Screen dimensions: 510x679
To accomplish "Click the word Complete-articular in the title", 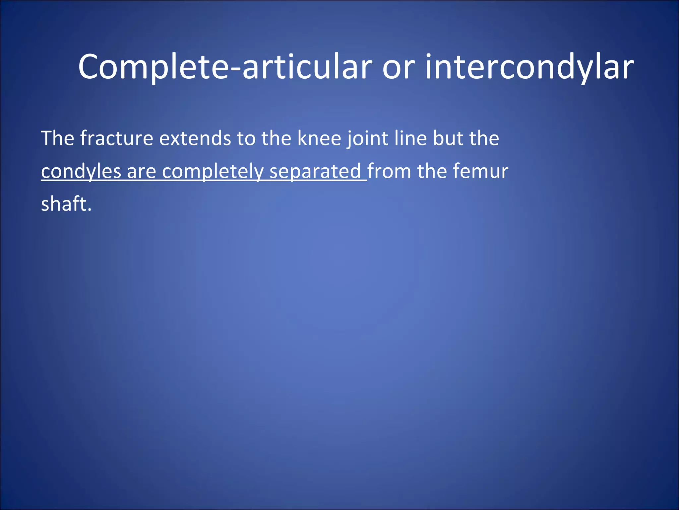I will [x=225, y=67].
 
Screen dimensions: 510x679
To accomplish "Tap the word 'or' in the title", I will [x=399, y=67].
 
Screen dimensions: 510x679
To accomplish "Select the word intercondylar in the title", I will [x=529, y=67].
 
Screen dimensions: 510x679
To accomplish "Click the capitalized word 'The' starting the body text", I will [x=57, y=138].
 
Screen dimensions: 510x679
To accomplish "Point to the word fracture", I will [x=117, y=138].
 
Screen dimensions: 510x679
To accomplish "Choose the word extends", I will [x=195, y=138].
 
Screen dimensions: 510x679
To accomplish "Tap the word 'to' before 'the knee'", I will [x=246, y=138].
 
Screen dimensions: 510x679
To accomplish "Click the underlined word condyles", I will [x=81, y=172].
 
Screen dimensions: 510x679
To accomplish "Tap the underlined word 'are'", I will [x=141, y=172].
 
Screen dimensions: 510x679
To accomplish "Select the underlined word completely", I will [x=213, y=172].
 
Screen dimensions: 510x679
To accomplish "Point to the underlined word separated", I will [x=315, y=172].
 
